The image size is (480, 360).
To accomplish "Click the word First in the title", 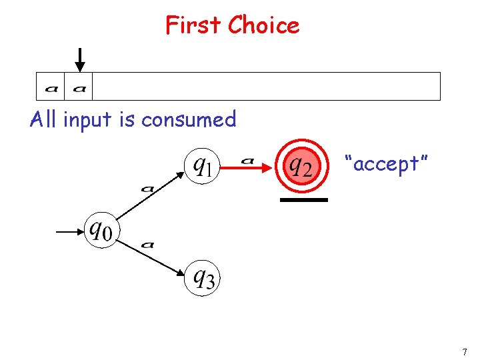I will (x=194, y=25).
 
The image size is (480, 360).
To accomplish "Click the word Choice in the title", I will (x=263, y=25).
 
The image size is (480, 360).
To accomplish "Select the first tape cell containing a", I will (x=50, y=87).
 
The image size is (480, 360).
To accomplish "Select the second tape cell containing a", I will (x=79, y=87).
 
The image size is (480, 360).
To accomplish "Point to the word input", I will (x=86, y=120).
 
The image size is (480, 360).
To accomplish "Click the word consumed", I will (x=189, y=119).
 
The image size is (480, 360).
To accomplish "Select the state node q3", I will (x=202, y=277).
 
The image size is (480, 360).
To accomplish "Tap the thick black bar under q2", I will (x=303, y=199).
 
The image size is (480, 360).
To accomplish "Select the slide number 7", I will (x=465, y=351).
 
